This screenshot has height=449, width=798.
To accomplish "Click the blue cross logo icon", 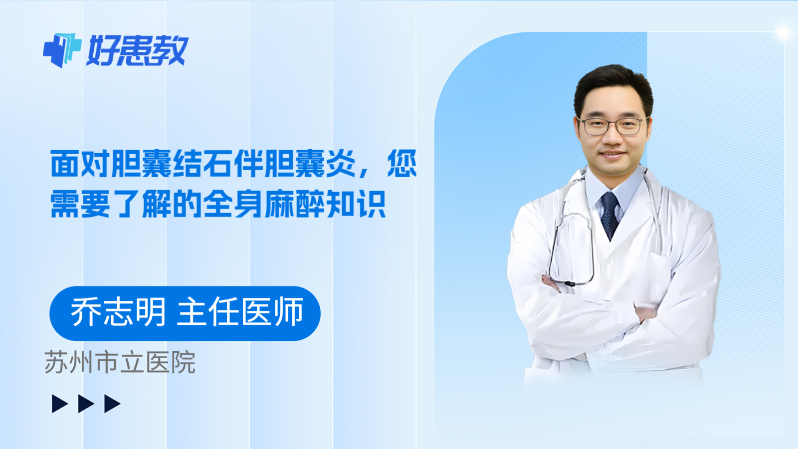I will pos(62,50).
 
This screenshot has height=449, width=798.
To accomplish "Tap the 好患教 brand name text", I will pos(138,50).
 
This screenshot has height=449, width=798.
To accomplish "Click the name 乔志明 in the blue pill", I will pos(118,313).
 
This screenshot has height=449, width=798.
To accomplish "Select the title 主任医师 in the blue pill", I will pos(240,313).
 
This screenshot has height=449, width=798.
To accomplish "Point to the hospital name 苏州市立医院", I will pos(120,363).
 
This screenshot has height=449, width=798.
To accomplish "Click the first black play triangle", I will pos(59,404).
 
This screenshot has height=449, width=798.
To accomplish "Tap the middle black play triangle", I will pos(86,404).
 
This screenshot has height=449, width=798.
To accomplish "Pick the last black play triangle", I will pos(112,404).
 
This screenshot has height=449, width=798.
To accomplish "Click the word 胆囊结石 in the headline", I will pos(172,164).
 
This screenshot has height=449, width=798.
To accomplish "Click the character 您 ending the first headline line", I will pos(402,164).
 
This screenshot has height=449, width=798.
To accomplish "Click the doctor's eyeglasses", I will pos(613,126).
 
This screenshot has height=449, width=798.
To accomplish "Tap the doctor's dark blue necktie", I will pos(609,215).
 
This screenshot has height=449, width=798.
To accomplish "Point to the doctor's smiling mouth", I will pos(612,154).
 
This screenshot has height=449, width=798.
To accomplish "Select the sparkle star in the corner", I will pos(783,32).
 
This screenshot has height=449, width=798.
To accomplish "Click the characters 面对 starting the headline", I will pos(80,164).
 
